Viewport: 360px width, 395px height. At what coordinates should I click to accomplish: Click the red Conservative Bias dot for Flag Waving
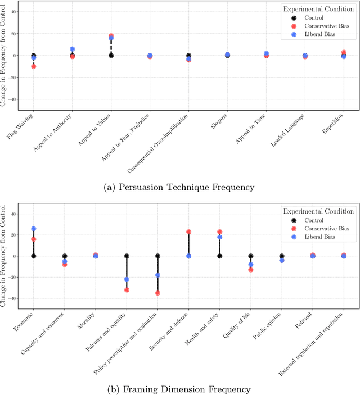point(34,66)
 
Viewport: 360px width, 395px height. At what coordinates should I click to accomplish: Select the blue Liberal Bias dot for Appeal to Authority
point(73,49)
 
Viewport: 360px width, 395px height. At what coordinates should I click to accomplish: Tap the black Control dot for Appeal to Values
point(111,56)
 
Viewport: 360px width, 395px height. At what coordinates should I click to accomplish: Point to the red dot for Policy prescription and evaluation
point(157,293)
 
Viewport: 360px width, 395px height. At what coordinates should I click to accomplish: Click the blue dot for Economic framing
point(34,229)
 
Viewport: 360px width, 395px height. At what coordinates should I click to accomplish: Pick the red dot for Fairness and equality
point(127,290)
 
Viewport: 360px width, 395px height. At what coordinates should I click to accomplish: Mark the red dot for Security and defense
point(189,231)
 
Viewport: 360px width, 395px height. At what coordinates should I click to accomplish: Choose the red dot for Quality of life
point(251,270)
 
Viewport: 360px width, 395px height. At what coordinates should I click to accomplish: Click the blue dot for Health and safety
point(220,237)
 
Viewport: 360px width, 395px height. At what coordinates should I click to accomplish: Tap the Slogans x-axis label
point(219,122)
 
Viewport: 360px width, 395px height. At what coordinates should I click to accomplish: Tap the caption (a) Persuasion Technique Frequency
point(179,187)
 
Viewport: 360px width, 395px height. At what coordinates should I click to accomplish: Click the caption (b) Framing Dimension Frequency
point(179,388)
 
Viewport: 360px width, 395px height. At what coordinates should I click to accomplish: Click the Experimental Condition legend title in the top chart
point(318,9)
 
